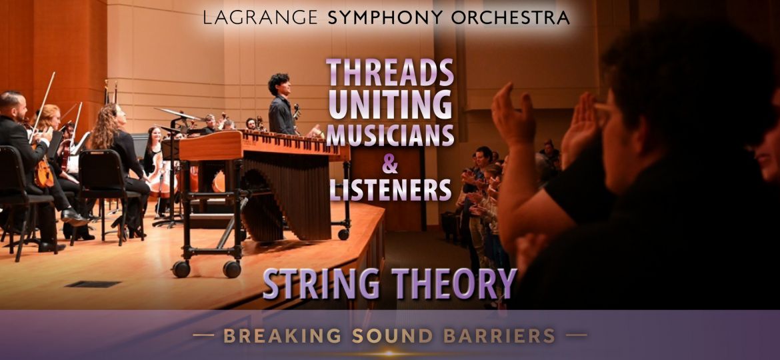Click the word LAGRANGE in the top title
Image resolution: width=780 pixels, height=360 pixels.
coord(261,18)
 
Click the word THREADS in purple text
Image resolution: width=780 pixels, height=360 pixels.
coord(390,72)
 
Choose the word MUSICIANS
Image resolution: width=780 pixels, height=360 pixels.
coord(390,135)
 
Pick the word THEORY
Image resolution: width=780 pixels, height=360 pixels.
coord(454,283)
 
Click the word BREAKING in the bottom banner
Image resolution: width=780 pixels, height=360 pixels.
coord(279,335)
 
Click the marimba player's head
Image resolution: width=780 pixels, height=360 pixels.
coord(279,85)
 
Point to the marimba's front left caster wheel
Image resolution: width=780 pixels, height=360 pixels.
coord(180,268)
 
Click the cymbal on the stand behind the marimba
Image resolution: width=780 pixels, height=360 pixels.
coord(177,114)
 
